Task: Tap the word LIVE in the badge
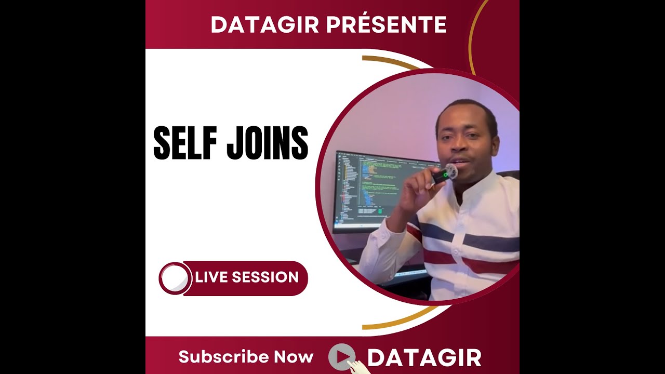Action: pyautogui.click(x=212, y=277)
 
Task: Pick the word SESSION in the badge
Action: pyautogui.click(x=265, y=277)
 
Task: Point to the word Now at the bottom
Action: pyautogui.click(x=294, y=357)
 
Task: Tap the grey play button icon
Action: pyautogui.click(x=341, y=356)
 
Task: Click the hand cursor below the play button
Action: pyautogui.click(x=356, y=367)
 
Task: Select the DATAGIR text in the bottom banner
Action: pyautogui.click(x=424, y=358)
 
